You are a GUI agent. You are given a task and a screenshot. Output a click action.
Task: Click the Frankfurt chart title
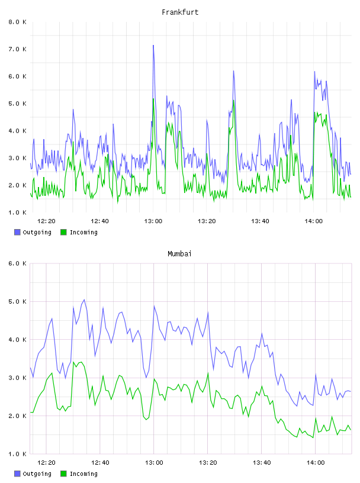click(180, 12)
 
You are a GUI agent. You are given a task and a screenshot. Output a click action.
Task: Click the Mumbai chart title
click(179, 254)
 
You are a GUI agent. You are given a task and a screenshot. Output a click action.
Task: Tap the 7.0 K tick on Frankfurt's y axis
click(17, 49)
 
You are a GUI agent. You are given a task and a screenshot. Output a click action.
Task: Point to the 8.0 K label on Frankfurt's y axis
click(17, 22)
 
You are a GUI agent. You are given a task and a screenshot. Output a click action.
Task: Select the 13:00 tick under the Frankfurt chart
click(153, 221)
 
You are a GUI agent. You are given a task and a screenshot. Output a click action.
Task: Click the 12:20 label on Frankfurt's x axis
click(46, 221)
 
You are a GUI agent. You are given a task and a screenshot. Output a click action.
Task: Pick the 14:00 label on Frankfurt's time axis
click(313, 221)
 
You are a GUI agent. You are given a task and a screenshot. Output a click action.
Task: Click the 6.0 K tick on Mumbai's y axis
click(17, 263)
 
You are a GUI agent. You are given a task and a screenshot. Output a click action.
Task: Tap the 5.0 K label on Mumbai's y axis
click(17, 301)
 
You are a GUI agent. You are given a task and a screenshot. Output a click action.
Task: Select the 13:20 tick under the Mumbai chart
click(208, 463)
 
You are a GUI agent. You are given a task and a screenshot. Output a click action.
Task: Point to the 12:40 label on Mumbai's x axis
click(100, 463)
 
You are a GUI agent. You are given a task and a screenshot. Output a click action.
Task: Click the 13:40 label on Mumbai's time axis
click(262, 463)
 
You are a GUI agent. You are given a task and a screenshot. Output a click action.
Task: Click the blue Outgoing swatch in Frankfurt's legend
click(17, 232)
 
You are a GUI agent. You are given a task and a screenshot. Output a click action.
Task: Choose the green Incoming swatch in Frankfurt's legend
click(63, 232)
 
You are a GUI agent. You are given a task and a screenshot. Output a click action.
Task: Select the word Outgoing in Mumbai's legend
click(37, 474)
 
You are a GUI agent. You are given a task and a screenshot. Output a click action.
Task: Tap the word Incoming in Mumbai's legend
click(83, 474)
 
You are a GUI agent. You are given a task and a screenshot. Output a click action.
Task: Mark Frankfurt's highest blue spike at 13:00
click(153, 46)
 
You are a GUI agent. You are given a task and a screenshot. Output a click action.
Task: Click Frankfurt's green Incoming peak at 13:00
click(153, 99)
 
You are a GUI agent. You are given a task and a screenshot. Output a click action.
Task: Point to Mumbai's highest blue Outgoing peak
click(84, 300)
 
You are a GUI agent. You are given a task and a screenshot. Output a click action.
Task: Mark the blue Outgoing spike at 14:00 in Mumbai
click(316, 375)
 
